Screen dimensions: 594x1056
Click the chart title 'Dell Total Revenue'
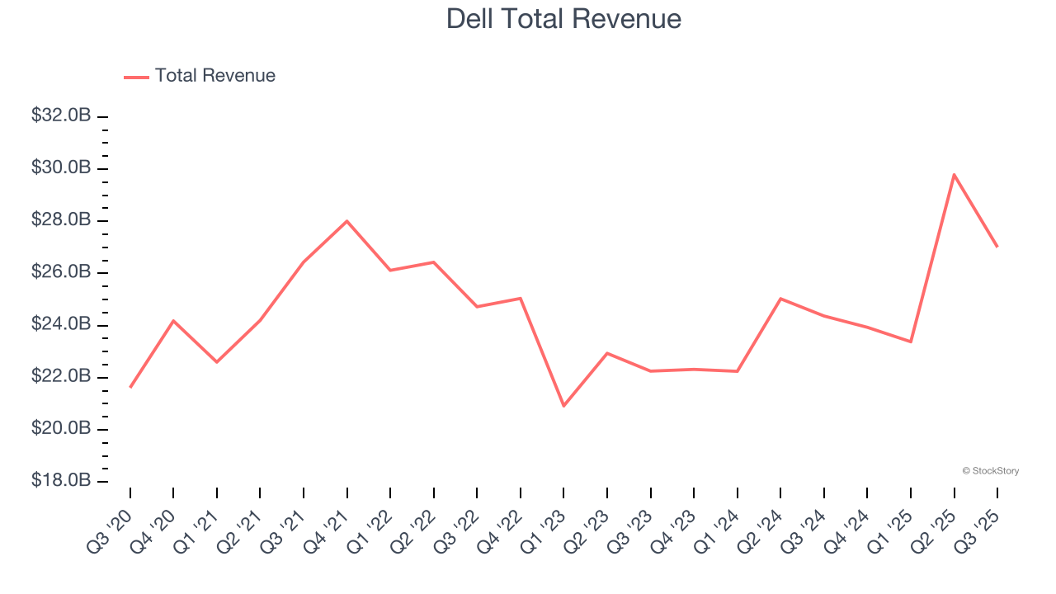(x=563, y=18)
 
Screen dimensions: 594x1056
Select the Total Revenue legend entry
(x=200, y=76)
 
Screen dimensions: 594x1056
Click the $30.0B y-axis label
(x=61, y=168)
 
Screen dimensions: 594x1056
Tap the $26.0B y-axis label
(x=61, y=272)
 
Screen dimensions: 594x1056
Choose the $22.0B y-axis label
(x=61, y=377)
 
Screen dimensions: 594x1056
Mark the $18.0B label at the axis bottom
(x=61, y=481)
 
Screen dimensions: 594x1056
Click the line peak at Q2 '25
(x=954, y=174)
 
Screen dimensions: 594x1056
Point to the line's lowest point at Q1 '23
(x=563, y=406)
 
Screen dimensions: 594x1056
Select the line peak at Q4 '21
(x=346, y=221)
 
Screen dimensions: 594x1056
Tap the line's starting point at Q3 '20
(x=130, y=387)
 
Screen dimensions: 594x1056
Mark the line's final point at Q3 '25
(x=997, y=247)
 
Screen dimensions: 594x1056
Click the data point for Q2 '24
(x=780, y=299)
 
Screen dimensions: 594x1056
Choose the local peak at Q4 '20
(x=173, y=320)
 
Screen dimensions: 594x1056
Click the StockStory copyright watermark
(x=990, y=471)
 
